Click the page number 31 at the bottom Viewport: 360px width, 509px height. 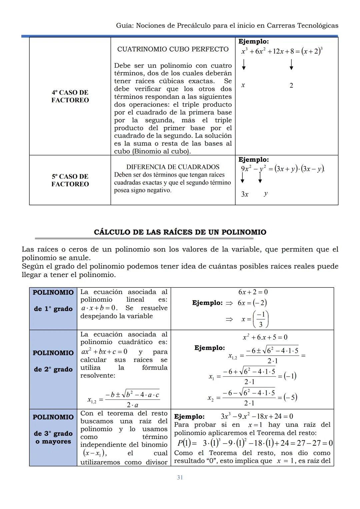click(180, 477)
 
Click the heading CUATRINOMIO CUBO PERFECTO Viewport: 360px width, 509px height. click(173, 49)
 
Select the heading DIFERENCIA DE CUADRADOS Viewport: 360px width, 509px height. click(173, 167)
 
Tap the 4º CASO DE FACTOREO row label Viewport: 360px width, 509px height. click(70, 96)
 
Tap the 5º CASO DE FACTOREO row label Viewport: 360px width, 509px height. click(70, 180)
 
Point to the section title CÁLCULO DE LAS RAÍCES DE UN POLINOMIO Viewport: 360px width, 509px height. click(180, 232)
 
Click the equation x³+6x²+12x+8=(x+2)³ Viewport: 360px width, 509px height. click(282, 51)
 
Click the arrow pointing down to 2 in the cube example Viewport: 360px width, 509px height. click(291, 64)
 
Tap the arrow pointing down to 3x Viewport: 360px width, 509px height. click(242, 180)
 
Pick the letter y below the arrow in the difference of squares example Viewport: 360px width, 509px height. click(265, 194)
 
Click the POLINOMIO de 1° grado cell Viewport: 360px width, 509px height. click(53, 301)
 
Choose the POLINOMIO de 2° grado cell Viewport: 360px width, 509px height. click(53, 361)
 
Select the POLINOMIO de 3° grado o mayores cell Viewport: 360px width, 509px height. click(53, 429)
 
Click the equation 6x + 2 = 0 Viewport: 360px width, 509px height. click(253, 292)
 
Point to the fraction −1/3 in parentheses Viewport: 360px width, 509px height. click(260, 319)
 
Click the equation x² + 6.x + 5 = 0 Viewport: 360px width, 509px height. click(265, 337)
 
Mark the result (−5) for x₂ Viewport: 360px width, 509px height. click(290, 397)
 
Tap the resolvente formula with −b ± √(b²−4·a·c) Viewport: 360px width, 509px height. click(123, 398)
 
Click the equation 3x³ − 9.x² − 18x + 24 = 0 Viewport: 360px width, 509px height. click(257, 416)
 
